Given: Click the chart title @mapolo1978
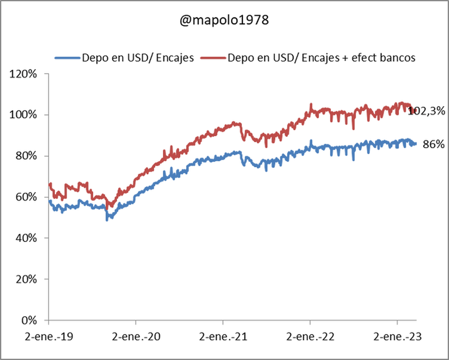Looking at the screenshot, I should (224, 20).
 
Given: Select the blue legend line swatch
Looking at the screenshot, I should (67, 58).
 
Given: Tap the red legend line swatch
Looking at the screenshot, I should (213, 58).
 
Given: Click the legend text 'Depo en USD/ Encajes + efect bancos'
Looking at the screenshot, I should (321, 58).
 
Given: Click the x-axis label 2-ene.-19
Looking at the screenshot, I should (49, 336).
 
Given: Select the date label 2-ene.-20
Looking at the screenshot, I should (136, 336).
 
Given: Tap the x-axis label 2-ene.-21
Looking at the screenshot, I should (223, 336).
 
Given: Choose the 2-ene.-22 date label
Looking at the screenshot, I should (310, 336).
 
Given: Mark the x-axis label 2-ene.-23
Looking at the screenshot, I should (397, 336).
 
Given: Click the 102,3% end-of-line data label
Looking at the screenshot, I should (426, 111).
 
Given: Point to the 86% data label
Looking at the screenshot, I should (433, 144).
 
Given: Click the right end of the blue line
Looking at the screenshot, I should (416, 143).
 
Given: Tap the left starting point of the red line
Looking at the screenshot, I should (50, 184).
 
